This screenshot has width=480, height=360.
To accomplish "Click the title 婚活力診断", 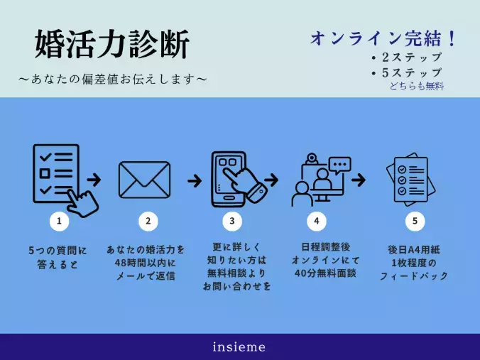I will [x=112, y=45].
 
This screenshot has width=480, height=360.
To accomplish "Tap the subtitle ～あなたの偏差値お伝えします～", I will [x=112, y=78].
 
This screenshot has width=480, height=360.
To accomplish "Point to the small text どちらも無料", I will [x=416, y=86].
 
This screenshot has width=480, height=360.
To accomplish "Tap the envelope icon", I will [x=148, y=179].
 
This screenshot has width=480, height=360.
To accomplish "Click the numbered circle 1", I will [x=59, y=221].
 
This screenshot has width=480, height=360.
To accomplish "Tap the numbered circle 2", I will [x=148, y=221].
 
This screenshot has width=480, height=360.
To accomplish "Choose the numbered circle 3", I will [x=232, y=221].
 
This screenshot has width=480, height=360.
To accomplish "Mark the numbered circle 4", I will [x=317, y=221].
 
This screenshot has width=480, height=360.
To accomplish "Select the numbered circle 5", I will [x=415, y=221].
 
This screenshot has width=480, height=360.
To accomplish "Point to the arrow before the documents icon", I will [x=359, y=180].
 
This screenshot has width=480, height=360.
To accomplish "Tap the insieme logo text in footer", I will [x=239, y=347].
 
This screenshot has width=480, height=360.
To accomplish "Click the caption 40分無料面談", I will [x=317, y=273].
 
